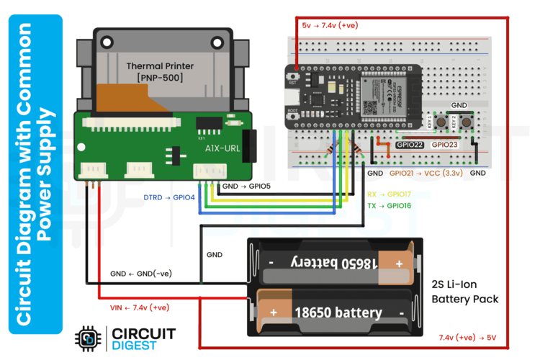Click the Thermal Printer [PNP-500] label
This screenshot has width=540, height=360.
point(160,71)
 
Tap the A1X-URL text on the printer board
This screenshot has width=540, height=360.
point(222,149)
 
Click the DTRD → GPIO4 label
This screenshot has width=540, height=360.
point(169,197)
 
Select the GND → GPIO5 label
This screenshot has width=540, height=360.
point(246,186)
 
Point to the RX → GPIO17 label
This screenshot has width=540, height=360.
point(390,194)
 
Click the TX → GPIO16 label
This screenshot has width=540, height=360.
point(390,206)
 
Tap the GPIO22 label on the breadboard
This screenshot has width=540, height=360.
point(410,145)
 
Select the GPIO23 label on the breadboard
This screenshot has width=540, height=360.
point(444,145)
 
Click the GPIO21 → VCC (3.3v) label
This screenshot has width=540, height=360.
point(425,174)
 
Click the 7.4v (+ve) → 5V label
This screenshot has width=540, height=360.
point(467,337)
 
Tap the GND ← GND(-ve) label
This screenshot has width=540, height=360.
point(141,274)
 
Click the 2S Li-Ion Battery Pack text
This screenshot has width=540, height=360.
point(464,291)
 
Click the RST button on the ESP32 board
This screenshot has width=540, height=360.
point(294,76)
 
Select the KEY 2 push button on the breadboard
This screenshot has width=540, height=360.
point(465,122)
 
